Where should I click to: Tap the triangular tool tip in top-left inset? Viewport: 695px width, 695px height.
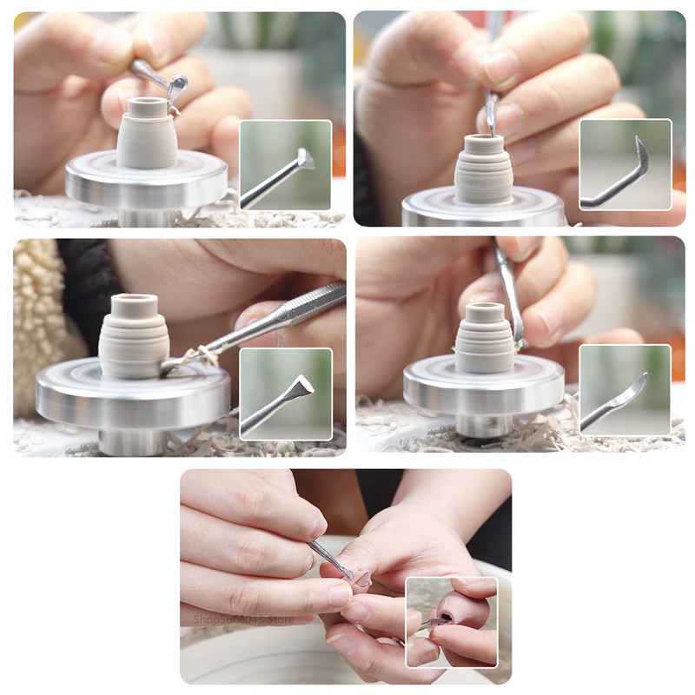coord(305,159)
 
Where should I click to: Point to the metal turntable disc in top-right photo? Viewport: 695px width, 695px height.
coord(482,208)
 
